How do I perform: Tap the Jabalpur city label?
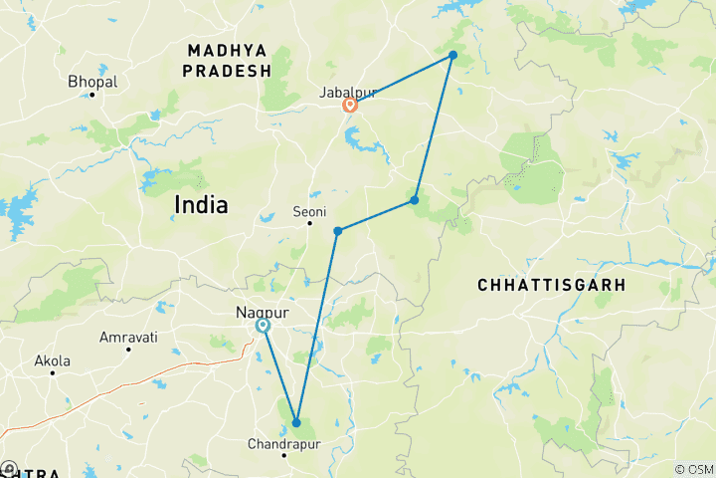point(348,92)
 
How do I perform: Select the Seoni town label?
point(309,211)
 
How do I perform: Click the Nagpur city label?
point(261,312)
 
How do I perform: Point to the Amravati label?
point(128,338)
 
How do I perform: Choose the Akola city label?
point(52,360)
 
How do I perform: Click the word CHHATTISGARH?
point(551,285)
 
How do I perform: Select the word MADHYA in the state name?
point(227,49)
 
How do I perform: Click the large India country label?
point(201,205)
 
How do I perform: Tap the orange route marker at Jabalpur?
point(350,105)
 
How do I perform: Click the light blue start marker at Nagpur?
point(263,326)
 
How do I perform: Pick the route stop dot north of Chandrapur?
point(296,422)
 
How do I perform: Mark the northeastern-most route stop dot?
point(452,55)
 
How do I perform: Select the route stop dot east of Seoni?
point(338,231)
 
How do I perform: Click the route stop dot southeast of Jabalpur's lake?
point(415,200)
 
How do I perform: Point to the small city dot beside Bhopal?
point(91,95)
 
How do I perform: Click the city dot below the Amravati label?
point(128,350)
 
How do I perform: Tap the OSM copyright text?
point(694,469)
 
